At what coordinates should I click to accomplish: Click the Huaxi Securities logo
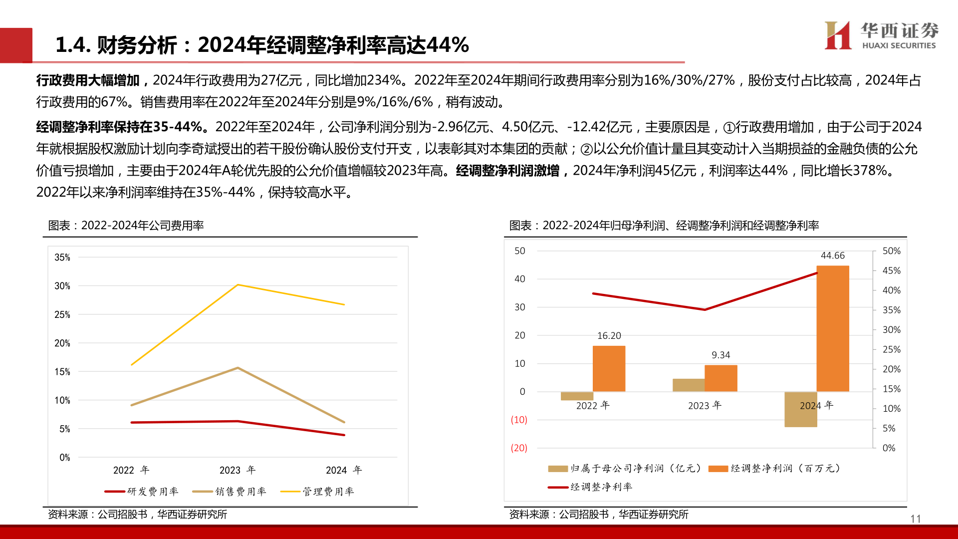pos(881,36)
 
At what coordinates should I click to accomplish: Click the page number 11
pos(915,519)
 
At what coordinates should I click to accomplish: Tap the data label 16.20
pos(609,336)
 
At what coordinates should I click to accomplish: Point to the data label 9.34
pos(720,355)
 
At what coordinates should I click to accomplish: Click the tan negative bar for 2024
pos(800,409)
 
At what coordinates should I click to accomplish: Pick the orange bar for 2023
pos(720,378)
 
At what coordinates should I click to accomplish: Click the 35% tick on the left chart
pos(62,258)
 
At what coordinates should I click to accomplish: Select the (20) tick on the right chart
pos(519,448)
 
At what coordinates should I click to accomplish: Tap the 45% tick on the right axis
pos(891,270)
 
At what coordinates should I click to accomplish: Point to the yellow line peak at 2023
pos(238,285)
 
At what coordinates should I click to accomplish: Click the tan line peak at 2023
pos(238,368)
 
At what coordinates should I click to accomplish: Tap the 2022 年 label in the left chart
pos(131,470)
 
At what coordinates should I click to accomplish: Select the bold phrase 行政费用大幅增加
pos(88,80)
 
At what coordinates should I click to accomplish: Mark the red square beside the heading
pos(16,45)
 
